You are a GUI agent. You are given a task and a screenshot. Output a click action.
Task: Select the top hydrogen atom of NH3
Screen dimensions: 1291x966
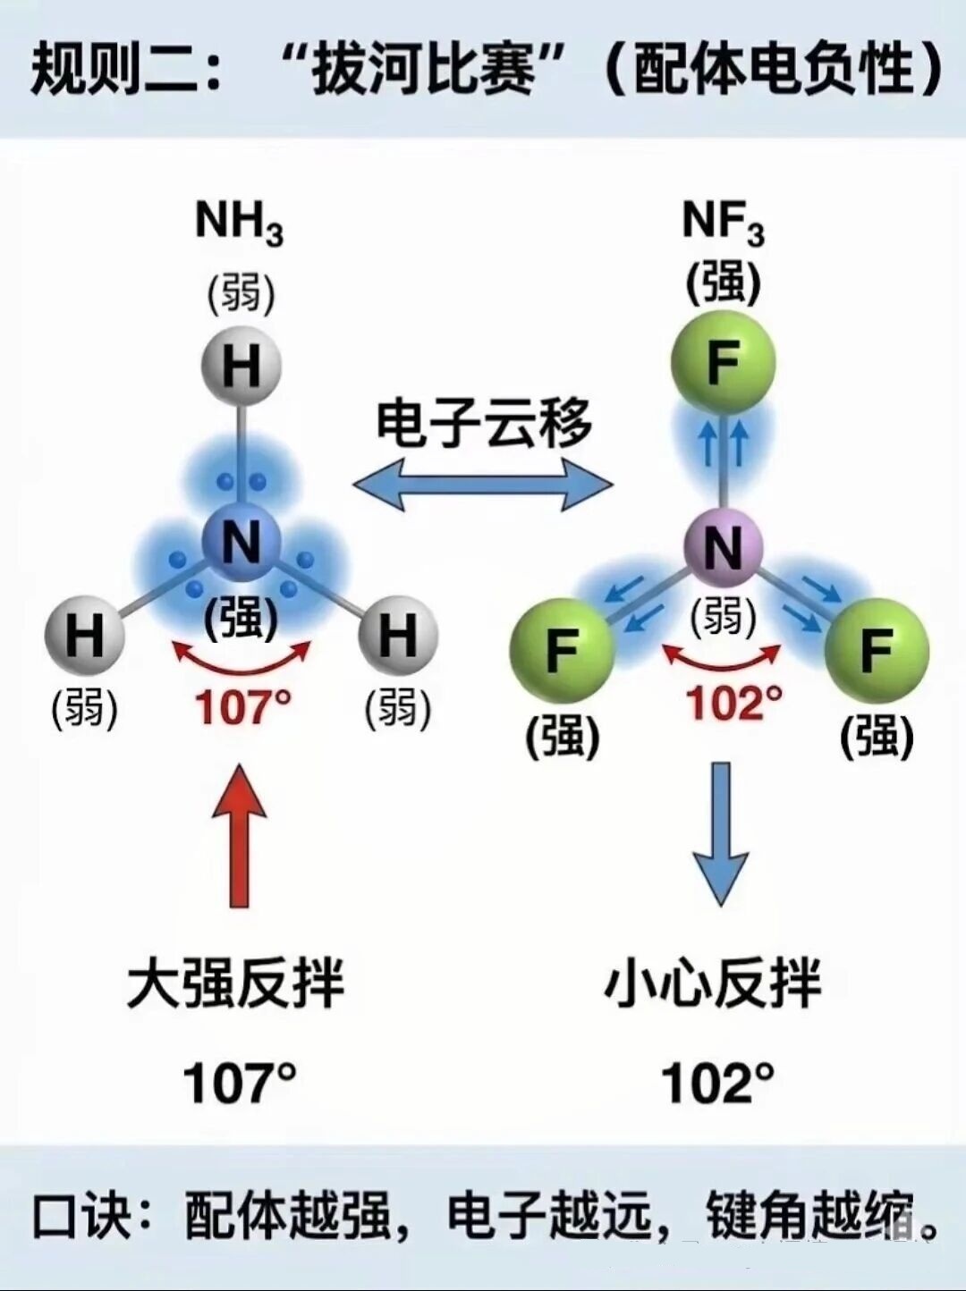[x=240, y=366]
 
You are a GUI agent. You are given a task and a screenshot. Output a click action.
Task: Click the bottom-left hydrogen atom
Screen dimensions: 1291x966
[x=85, y=636]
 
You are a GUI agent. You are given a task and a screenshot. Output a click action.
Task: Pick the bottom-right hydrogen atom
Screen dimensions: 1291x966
[x=398, y=636]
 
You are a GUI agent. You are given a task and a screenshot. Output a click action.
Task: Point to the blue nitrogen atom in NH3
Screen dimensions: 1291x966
[x=241, y=542]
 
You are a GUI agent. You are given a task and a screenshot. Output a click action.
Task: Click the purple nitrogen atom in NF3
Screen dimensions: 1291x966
[x=724, y=547]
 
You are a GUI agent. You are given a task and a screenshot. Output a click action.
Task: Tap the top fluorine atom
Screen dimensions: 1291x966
[x=723, y=363]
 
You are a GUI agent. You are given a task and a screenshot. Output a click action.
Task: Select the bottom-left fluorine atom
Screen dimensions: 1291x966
[x=562, y=649]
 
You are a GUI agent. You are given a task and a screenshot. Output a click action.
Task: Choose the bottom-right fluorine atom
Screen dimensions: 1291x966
[x=877, y=649]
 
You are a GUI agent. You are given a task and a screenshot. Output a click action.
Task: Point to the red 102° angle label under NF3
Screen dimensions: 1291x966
[x=733, y=703]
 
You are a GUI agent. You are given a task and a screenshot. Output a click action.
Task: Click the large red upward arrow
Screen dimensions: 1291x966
[x=240, y=836]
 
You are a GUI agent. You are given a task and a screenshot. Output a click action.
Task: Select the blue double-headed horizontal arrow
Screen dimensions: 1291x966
[x=483, y=485]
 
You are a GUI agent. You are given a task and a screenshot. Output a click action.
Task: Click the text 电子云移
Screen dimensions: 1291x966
[x=483, y=423]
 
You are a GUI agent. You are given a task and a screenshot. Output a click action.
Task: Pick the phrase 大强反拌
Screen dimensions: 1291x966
[x=236, y=984]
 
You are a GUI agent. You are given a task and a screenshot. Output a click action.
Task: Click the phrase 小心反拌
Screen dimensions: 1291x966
[x=713, y=984]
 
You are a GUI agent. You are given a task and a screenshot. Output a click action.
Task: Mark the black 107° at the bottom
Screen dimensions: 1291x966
[x=239, y=1083]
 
